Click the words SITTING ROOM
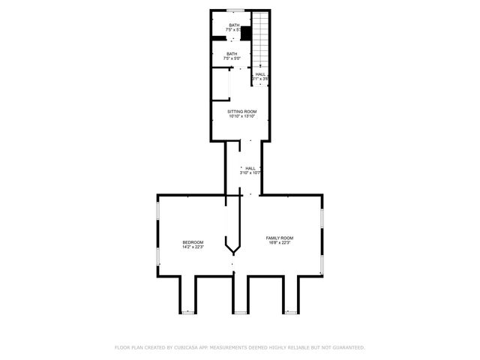tap(241, 111)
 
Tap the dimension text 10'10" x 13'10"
tap(241, 116)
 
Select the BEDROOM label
tap(193, 241)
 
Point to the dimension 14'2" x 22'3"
tap(193, 247)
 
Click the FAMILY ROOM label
tap(280, 238)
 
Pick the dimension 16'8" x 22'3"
tap(280, 243)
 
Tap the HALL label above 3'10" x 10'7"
tap(250, 168)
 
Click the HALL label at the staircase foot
tap(260, 73)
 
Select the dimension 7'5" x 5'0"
tap(232, 58)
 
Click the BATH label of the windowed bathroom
tap(235, 25)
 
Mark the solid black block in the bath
tap(244, 34)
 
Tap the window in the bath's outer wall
tap(235, 10)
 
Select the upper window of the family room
tap(322, 218)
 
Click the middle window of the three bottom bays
tap(240, 310)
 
